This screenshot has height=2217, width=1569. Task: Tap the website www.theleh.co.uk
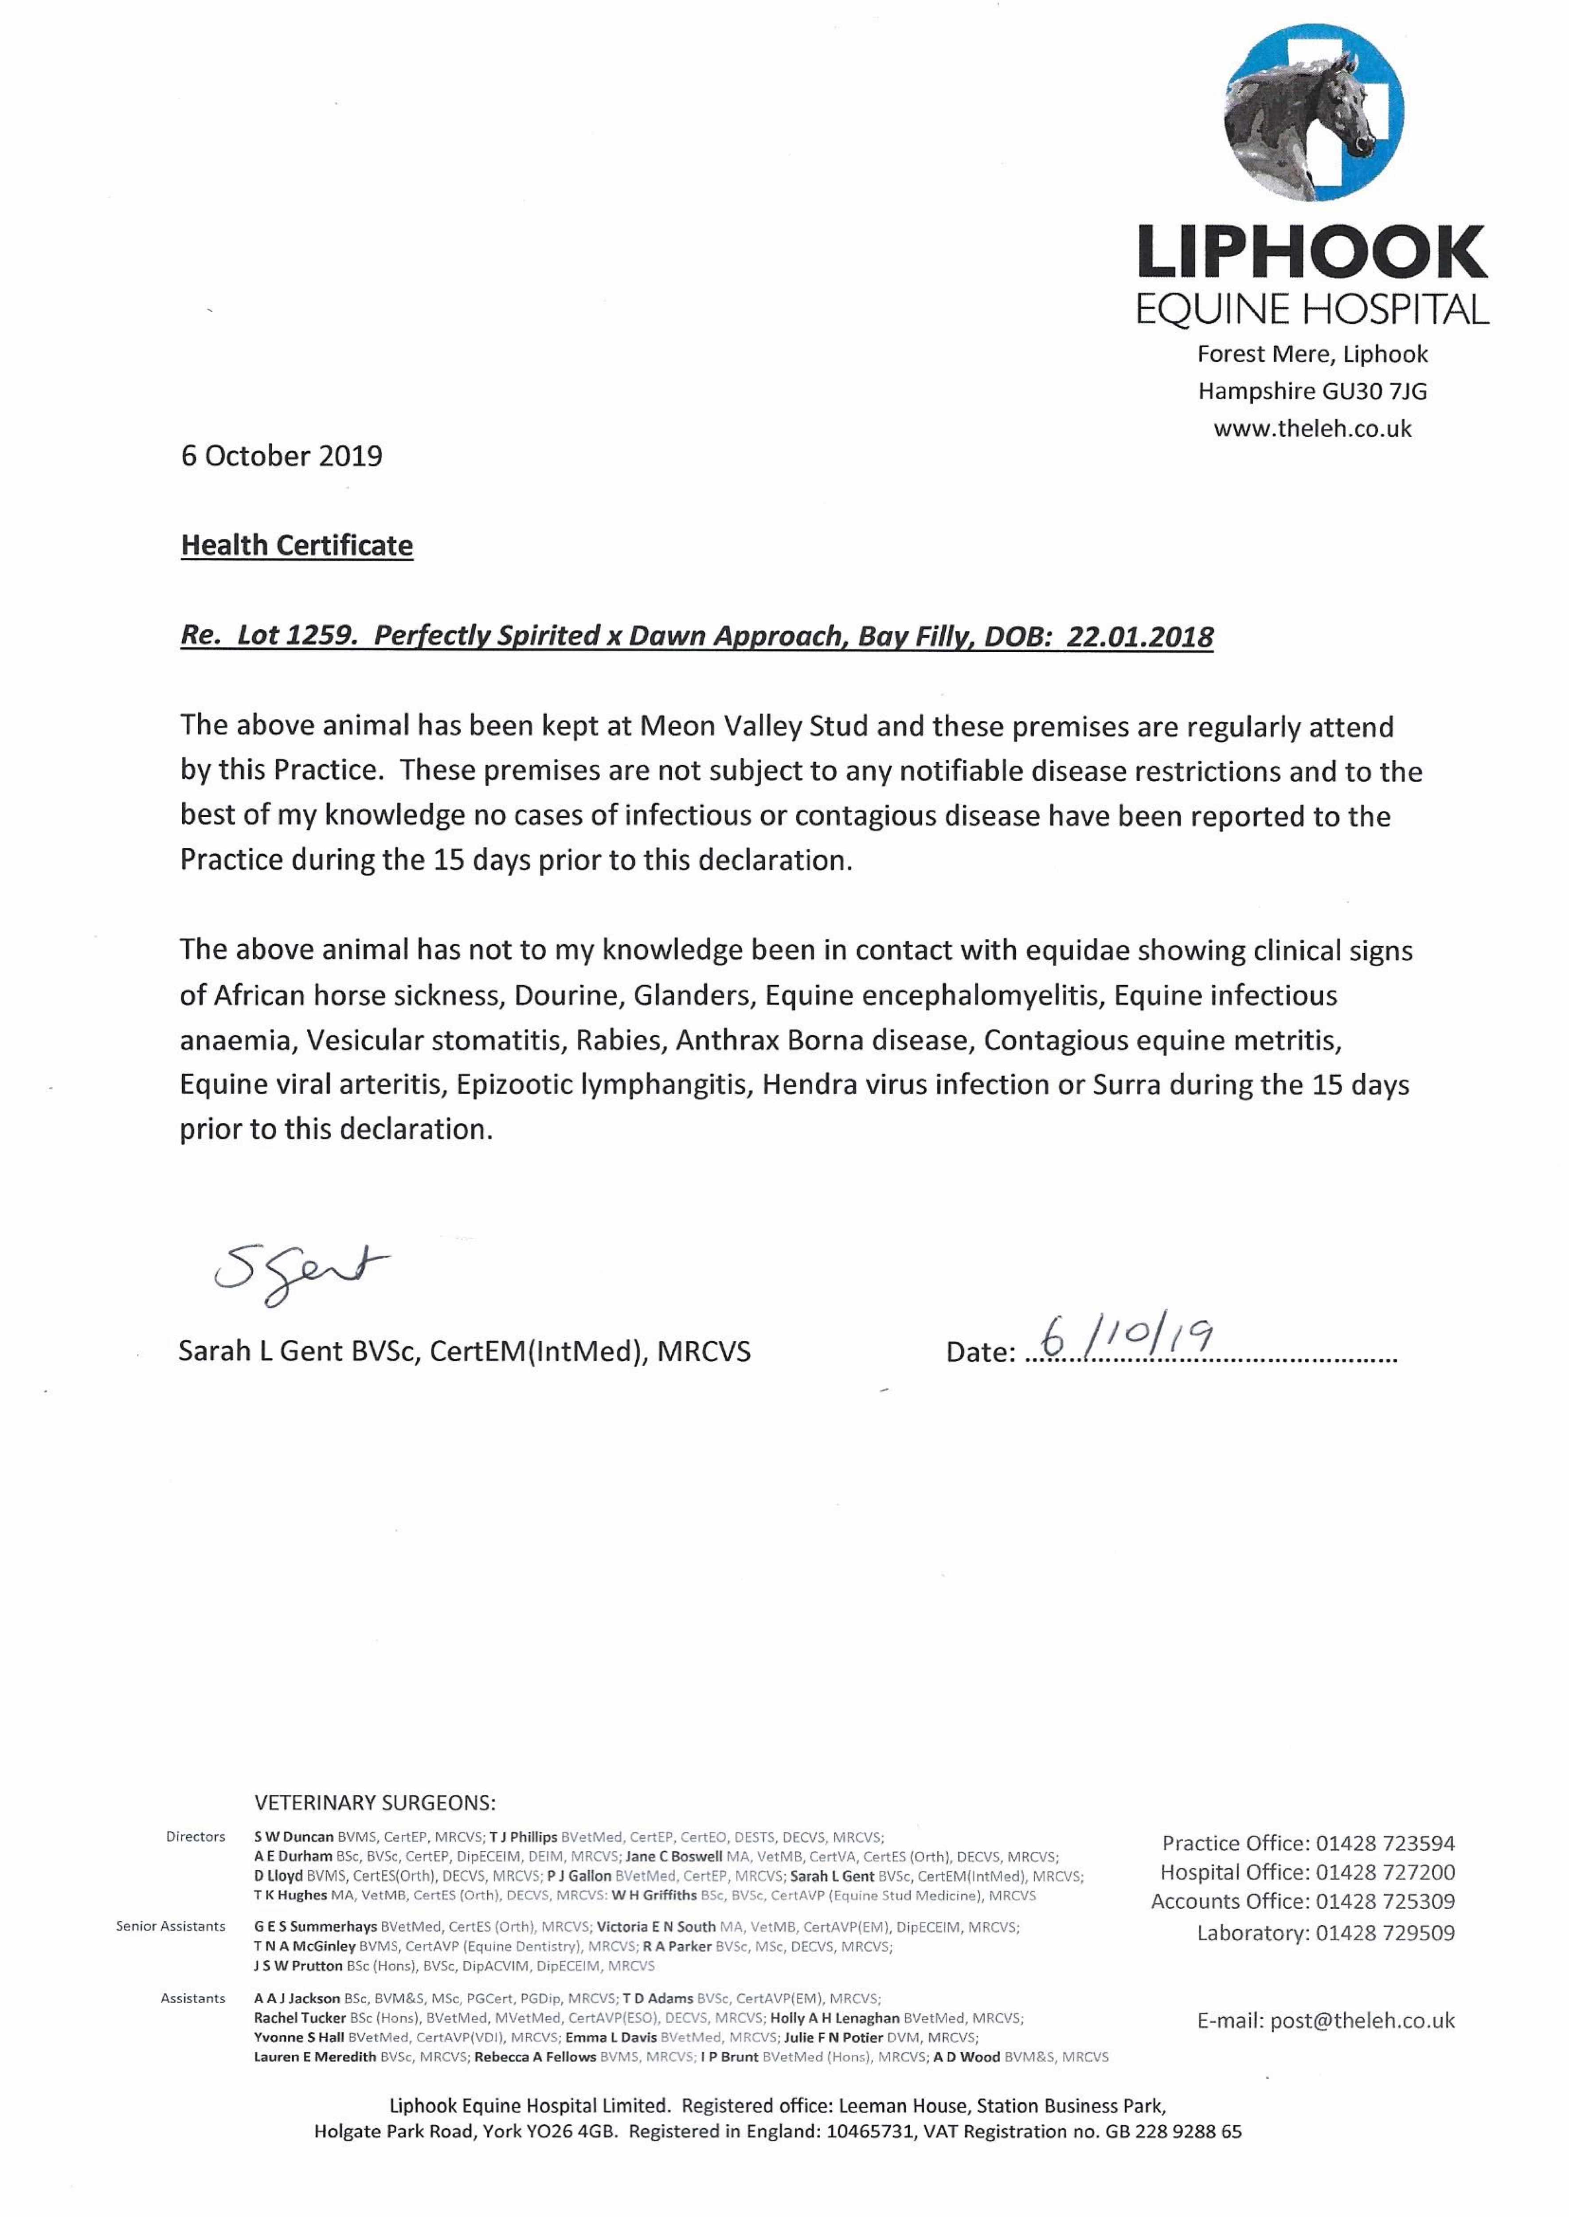(1312, 429)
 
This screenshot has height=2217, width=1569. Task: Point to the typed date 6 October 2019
(281, 456)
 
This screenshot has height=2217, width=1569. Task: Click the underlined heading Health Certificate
(297, 546)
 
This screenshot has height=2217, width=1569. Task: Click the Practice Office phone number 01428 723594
(1385, 1843)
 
